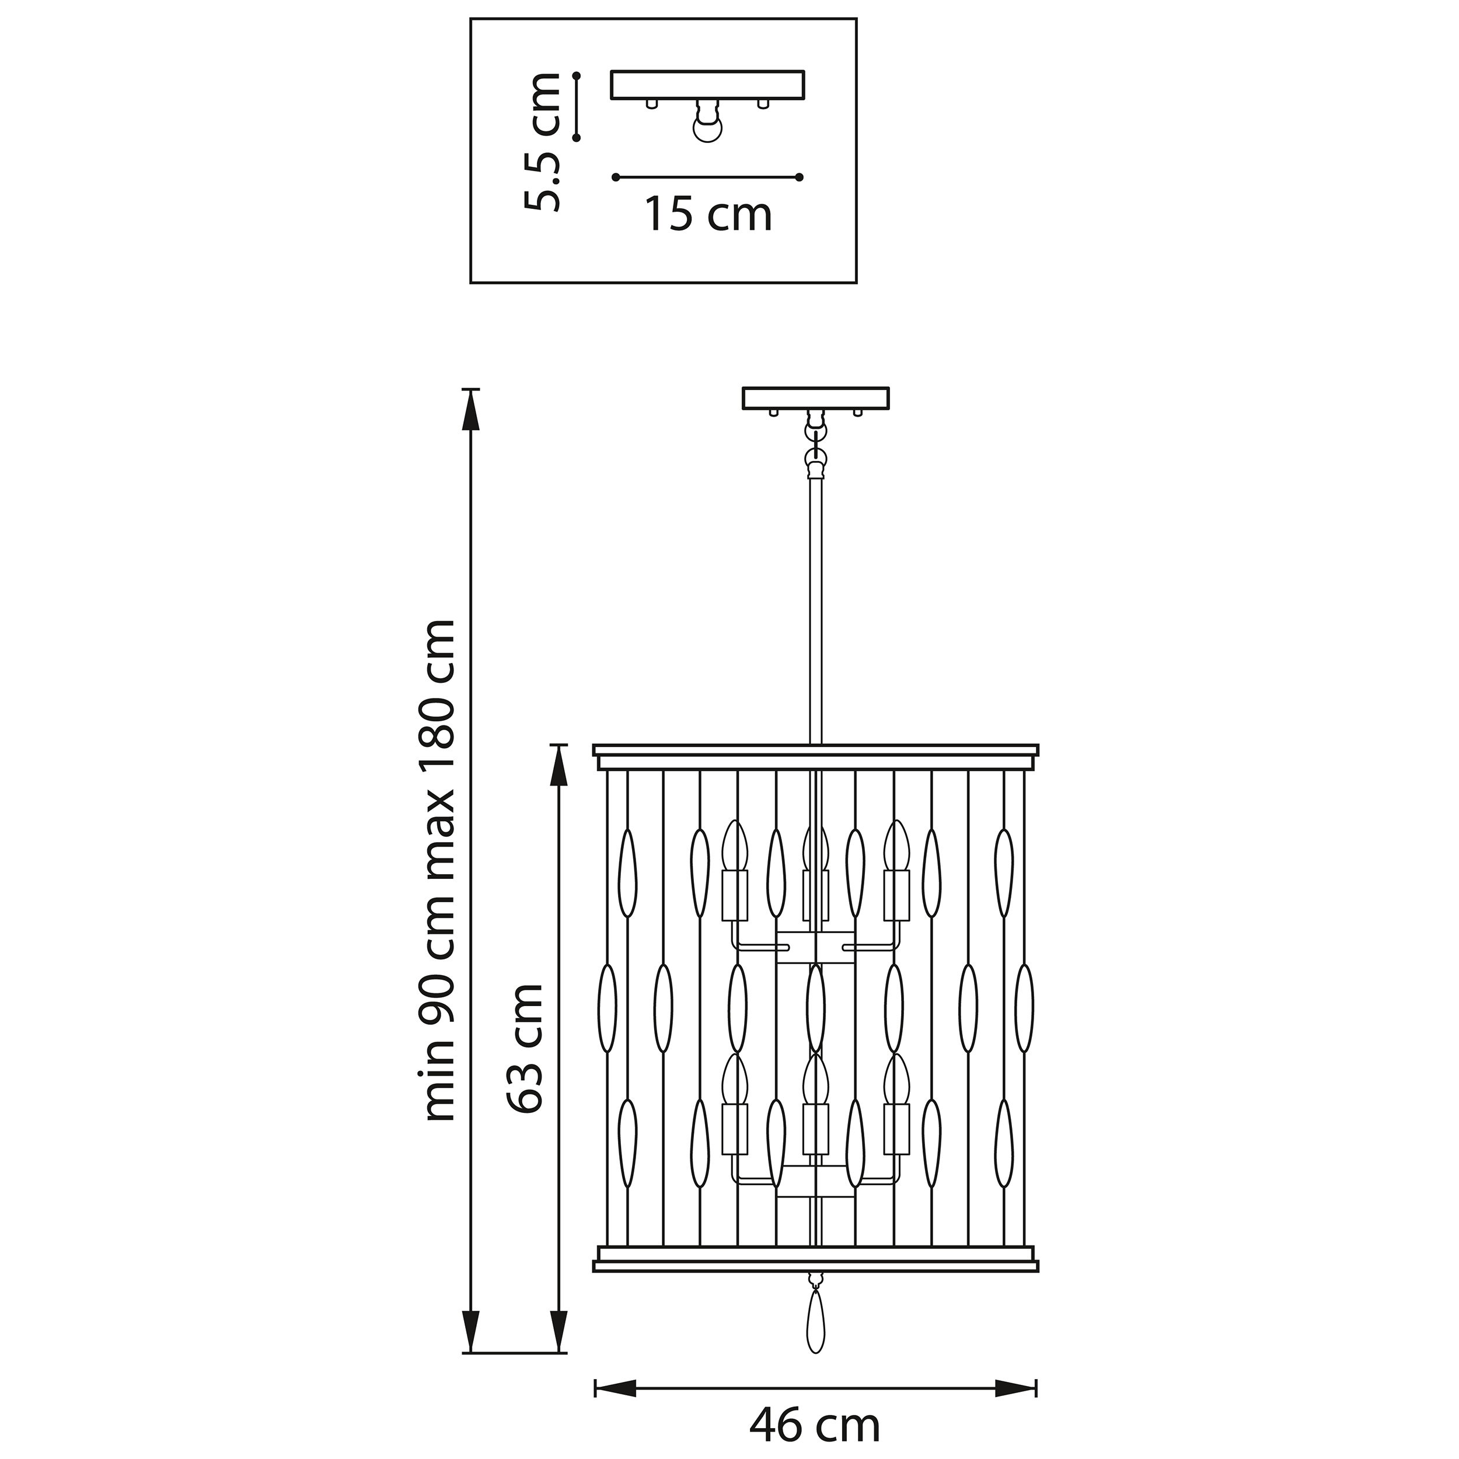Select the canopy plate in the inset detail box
(707, 85)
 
